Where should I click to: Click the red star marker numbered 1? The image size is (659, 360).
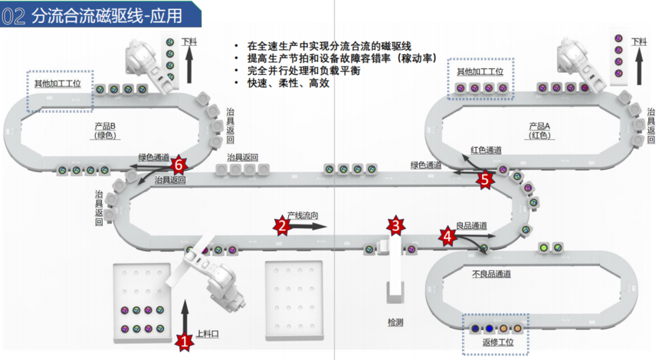tap(183, 341)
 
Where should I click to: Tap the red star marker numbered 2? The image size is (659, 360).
tap(282, 225)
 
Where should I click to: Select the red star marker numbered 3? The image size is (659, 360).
tap(395, 225)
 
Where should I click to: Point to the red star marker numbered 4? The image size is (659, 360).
tap(447, 236)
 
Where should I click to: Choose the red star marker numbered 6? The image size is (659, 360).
tap(179, 164)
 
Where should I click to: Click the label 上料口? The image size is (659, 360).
tap(208, 334)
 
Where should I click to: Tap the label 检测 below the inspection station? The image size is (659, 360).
tap(395, 322)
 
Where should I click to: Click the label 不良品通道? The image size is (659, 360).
tap(491, 273)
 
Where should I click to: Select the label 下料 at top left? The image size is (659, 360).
tap(187, 44)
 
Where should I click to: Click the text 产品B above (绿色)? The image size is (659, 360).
tap(103, 126)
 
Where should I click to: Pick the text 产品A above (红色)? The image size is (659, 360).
tap(539, 126)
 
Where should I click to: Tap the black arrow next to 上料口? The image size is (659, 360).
tap(184, 316)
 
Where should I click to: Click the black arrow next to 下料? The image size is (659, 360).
tap(187, 66)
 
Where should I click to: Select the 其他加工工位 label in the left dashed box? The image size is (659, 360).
tap(59, 83)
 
